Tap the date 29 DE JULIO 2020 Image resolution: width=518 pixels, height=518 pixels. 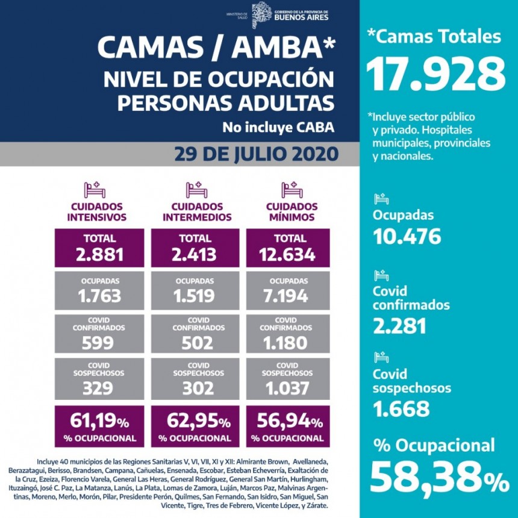coord(256,154)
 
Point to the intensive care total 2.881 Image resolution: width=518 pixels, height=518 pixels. coord(99,254)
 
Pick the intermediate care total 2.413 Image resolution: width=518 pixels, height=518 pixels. coord(195,254)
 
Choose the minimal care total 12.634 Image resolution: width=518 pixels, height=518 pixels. coord(288,254)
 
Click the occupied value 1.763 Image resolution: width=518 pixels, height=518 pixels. coord(99,296)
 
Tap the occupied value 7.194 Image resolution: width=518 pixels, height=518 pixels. coord(288,296)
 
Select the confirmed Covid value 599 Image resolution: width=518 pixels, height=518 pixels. coord(99,342)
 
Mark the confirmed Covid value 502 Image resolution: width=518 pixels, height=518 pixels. coord(195,342)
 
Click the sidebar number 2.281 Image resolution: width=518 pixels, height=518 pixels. coord(399,325)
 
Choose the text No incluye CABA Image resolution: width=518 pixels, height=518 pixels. coord(278,128)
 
